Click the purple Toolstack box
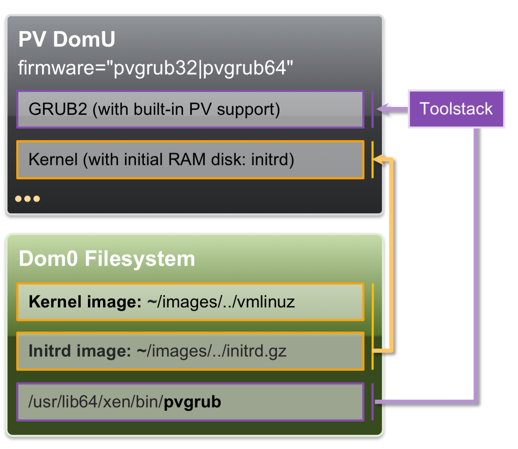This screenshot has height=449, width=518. pos(456,109)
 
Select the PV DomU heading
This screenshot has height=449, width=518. pos(67,40)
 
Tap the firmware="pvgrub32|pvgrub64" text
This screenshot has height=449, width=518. pos(155,68)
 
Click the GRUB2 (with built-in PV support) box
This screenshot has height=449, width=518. pos(190,109)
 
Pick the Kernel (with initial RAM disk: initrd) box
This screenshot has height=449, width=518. pos(190,160)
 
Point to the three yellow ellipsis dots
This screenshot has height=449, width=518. pos(28,199)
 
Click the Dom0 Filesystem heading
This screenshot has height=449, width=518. pos(107,259)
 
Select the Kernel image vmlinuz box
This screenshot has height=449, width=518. pos(190,302)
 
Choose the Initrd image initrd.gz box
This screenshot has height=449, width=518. pos(190,351)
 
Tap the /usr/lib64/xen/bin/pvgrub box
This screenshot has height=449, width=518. pos(190,402)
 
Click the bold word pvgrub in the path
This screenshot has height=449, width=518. pos(192,402)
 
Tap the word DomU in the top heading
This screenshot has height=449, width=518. pos(84,40)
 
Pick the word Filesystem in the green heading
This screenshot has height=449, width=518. pos(140,259)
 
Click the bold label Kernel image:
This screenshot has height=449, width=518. pos(85,302)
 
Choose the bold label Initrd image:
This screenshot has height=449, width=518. pos(80,351)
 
